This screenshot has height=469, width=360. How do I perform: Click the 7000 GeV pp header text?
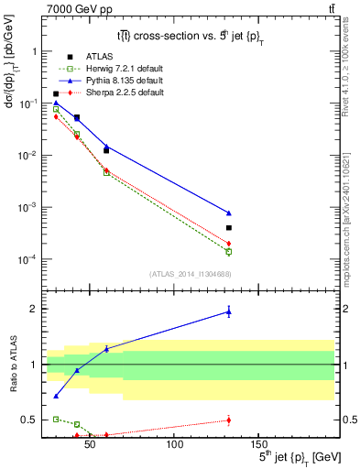click(x=64, y=8)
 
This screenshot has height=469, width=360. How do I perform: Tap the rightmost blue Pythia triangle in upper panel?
click(x=229, y=213)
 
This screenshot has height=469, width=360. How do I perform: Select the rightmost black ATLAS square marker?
click(x=229, y=227)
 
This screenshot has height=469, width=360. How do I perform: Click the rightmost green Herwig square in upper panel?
click(x=229, y=251)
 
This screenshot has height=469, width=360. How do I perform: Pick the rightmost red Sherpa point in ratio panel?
click(x=229, y=420)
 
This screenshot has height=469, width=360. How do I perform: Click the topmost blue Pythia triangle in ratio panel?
click(x=229, y=312)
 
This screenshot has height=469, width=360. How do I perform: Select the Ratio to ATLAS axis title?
click(x=11, y=364)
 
